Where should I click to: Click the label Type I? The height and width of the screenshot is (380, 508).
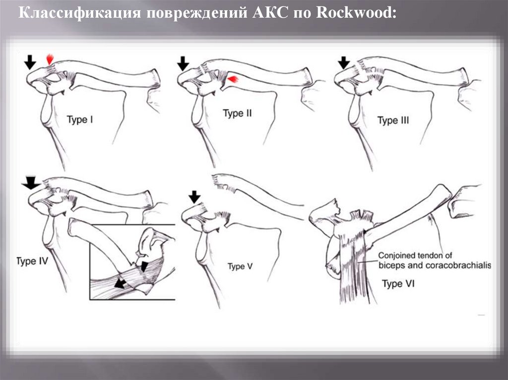79,119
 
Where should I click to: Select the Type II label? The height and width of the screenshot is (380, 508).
237,114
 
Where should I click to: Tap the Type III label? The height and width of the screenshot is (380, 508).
393,120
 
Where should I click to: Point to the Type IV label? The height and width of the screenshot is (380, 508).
32,261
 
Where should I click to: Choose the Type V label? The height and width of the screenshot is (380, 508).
240,267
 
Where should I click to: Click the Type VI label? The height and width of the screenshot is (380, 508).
398,284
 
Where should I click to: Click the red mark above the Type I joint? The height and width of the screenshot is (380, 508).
49,59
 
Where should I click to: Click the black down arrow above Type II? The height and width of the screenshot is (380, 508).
183,63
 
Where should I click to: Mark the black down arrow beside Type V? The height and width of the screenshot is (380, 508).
194,197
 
